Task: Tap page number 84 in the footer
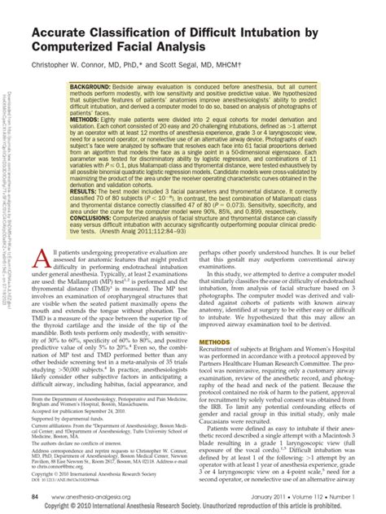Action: (36, 495)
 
